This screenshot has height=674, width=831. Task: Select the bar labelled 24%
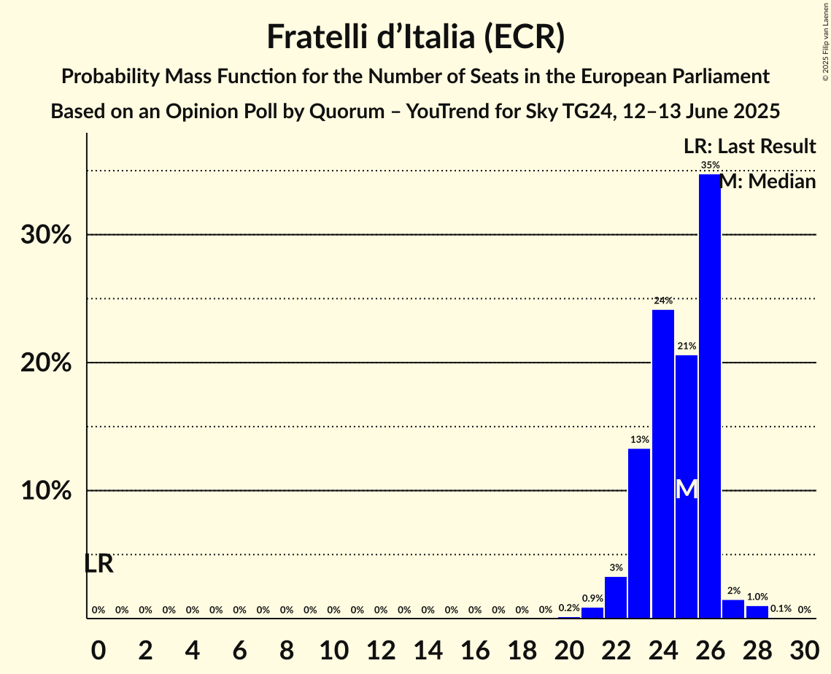point(662,464)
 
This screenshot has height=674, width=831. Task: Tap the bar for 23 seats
point(639,533)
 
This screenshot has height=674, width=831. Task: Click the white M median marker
point(687,489)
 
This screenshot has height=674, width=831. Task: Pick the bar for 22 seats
point(616,597)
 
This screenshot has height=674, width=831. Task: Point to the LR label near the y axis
point(98,564)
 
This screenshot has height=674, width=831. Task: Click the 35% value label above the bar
point(710,166)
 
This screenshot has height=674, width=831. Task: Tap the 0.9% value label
point(592,599)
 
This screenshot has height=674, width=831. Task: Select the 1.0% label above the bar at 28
point(757,597)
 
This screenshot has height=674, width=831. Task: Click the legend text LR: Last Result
point(749,147)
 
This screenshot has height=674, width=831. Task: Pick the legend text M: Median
point(768,182)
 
